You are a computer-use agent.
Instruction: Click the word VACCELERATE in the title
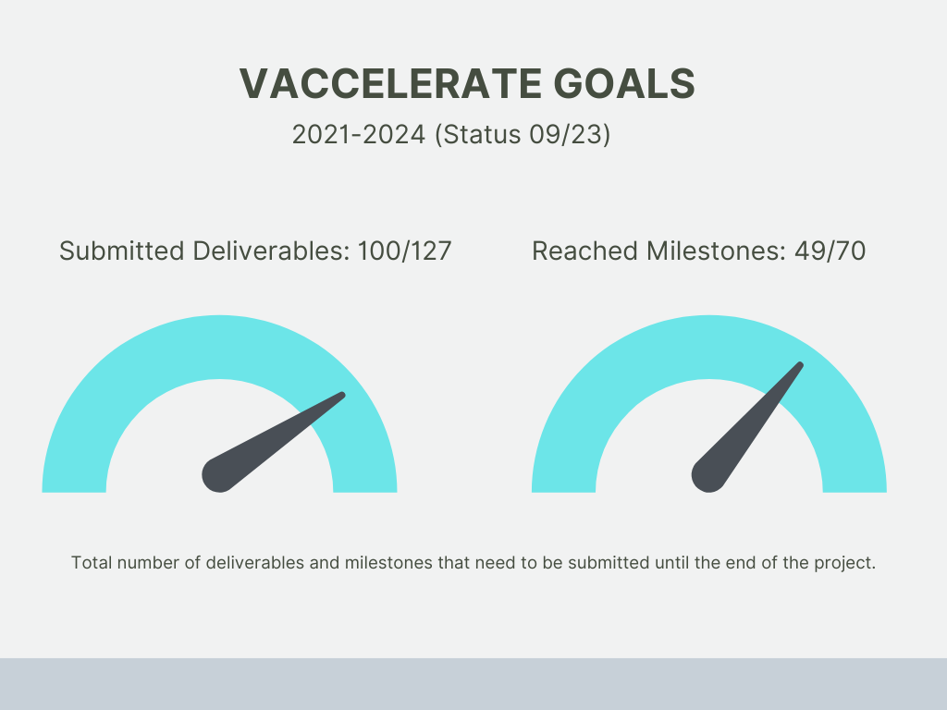click(x=391, y=83)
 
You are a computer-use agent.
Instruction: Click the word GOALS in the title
click(x=624, y=83)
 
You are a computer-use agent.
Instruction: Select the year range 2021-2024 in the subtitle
click(x=359, y=134)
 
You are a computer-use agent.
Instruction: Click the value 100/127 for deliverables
click(x=405, y=251)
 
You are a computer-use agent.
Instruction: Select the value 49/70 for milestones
click(x=830, y=251)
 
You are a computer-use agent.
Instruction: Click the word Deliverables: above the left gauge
click(x=271, y=251)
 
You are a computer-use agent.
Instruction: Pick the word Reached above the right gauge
click(x=584, y=251)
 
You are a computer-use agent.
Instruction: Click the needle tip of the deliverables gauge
click(x=342, y=396)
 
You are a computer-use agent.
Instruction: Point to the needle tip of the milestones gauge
click(x=800, y=365)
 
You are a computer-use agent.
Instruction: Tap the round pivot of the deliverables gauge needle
click(x=219, y=474)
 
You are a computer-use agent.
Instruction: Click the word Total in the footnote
click(x=92, y=563)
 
